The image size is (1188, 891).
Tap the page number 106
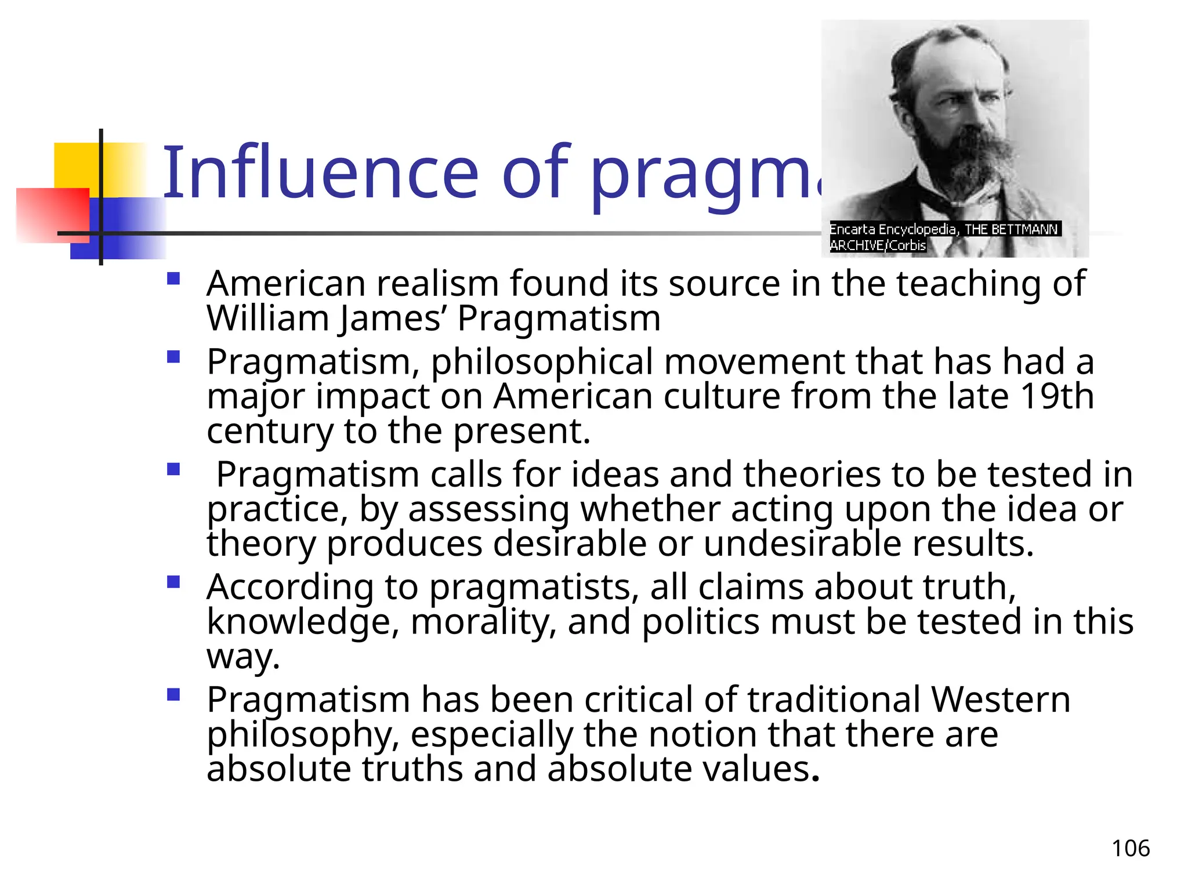pyautogui.click(x=1130, y=849)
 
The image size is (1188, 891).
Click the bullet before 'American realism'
pyautogui.click(x=173, y=279)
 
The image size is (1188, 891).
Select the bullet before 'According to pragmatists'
pyautogui.click(x=173, y=582)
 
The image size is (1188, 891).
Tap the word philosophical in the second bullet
pyautogui.click(x=542, y=362)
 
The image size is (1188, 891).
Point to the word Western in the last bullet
pyautogui.click(x=1000, y=699)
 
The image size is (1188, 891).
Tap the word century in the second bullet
pyautogui.click(x=269, y=432)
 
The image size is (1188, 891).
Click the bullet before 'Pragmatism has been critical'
pyautogui.click(x=173, y=694)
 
